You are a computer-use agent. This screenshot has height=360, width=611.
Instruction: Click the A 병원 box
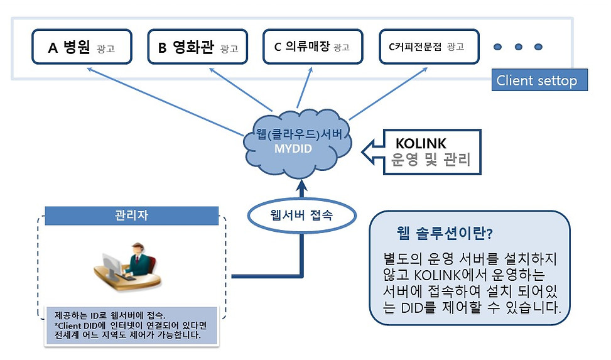pos(81,46)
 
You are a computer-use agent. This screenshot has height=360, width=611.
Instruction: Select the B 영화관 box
pos(197,46)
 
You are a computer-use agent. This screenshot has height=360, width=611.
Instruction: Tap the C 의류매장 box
pos(312,46)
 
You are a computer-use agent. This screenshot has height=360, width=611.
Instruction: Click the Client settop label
pos(536,80)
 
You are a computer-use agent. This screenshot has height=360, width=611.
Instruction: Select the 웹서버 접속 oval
pos(301,215)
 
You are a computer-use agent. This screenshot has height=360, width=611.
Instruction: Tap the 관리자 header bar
pos(131,216)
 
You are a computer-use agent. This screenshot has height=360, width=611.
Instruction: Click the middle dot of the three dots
pos(517,46)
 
